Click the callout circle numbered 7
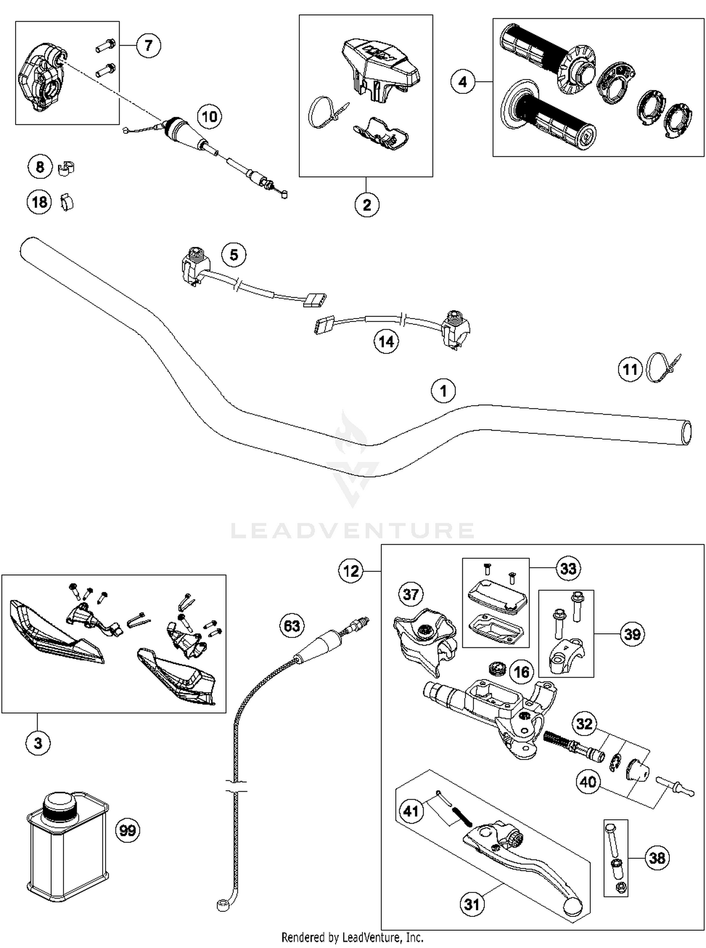coord(149,45)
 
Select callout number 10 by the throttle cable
coord(209,116)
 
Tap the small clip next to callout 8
coord(66,168)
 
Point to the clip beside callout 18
coord(67,202)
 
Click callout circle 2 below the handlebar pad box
coord(367,204)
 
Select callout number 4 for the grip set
coord(463,82)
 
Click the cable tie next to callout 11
coord(663,368)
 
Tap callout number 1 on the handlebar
coord(443,391)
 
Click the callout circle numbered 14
coord(386,341)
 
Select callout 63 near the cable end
coord(292,626)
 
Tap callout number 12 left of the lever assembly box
coord(351,571)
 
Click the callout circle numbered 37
coord(411,594)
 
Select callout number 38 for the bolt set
coord(657,858)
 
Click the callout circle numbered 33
coord(568,568)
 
